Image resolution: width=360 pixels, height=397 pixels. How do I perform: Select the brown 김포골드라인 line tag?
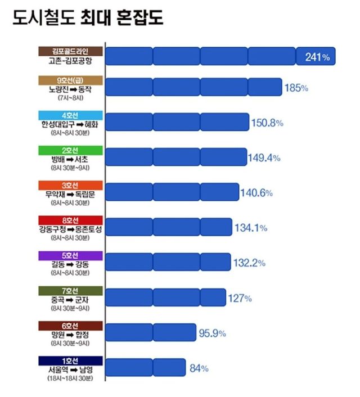coord(71,51)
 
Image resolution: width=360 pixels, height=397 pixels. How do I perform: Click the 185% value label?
coord(296,88)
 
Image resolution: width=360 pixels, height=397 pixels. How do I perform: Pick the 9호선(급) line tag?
coord(71,80)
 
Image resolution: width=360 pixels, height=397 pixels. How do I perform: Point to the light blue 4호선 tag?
coord(71,115)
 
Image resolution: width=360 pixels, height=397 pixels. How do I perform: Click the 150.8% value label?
coord(267,123)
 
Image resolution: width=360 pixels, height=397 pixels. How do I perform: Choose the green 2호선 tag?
coord(71,150)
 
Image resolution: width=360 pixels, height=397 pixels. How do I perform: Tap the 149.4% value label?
coord(264,158)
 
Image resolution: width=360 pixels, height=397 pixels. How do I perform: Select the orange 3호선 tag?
coord(71,185)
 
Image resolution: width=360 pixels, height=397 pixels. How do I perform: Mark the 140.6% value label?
coord(256,193)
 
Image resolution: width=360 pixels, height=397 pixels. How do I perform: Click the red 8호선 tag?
coord(71,220)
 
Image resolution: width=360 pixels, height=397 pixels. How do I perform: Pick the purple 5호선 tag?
coord(71,255)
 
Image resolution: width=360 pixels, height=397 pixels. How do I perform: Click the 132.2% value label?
coord(249,263)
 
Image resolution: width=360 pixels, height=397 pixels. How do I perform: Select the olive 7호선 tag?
coord(71,290)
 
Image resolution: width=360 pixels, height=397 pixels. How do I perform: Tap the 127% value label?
coord(240,298)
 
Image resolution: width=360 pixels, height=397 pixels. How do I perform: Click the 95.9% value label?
coord(212,333)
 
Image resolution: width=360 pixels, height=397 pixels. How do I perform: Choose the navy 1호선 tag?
coord(71,360)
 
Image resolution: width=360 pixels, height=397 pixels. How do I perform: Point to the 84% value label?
coord(199,368)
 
